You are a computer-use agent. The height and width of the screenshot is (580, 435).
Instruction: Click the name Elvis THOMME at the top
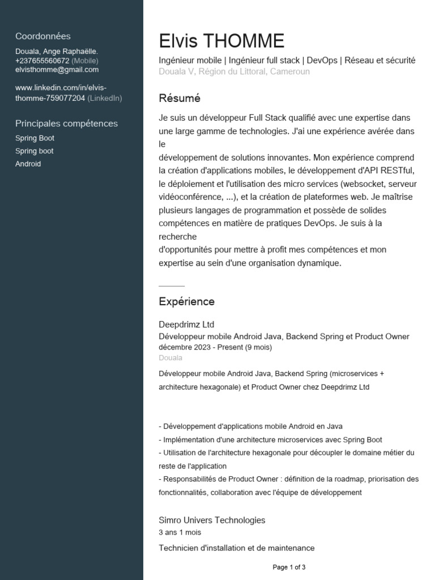[221, 41]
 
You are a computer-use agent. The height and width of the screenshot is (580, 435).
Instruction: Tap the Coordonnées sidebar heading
[43, 36]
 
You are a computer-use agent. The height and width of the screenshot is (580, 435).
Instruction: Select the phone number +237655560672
[42, 61]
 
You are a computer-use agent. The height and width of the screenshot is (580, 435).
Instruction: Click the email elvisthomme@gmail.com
[57, 70]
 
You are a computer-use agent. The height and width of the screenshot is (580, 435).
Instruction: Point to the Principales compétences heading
[66, 123]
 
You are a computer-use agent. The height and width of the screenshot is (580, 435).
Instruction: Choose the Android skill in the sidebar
[28, 164]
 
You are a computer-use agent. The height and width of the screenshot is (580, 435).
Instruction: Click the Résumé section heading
[180, 99]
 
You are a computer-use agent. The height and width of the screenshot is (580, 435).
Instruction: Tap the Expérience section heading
[186, 302]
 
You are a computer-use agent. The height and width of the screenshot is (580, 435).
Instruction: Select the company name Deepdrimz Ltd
[186, 325]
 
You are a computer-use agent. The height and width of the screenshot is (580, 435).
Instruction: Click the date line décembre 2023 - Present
[215, 347]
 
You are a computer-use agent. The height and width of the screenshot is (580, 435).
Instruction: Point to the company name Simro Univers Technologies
[212, 520]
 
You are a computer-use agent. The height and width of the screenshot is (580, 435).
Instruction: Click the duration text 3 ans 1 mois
[180, 532]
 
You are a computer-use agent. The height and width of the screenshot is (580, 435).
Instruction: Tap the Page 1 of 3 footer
[289, 567]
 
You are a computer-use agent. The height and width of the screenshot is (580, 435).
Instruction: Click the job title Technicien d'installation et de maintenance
[236, 548]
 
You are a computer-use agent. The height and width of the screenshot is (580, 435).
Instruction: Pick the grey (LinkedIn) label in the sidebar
[105, 98]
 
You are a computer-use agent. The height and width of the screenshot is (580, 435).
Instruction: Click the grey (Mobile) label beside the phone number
[85, 61]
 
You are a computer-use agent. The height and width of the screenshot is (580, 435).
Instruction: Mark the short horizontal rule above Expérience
[172, 287]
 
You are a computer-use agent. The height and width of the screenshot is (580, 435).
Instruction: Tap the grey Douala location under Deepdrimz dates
[170, 358]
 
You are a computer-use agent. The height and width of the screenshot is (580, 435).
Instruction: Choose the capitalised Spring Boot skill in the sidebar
[35, 138]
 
